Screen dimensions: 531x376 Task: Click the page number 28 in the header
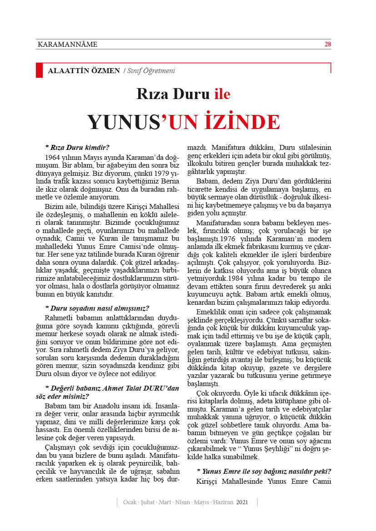pos(327,44)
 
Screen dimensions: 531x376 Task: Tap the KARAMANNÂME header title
pos(67,45)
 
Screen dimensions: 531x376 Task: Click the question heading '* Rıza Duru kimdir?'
pos(77,147)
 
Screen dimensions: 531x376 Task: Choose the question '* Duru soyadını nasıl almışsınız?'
pos(97,308)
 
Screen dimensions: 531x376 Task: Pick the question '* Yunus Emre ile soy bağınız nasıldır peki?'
pos(264,471)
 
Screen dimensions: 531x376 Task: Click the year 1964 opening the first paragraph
pos(54,156)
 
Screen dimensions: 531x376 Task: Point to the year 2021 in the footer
pos(242,502)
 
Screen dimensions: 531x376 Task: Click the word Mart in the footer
pos(164,502)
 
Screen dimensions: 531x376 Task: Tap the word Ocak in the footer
pos(130,502)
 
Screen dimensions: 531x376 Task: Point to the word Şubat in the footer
pos(147,502)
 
